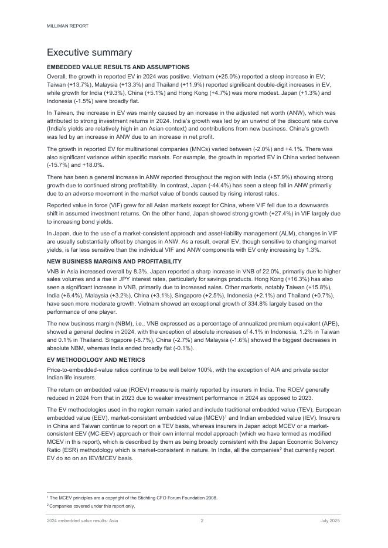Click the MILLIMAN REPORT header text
pos(67,26)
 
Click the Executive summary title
pos(89,53)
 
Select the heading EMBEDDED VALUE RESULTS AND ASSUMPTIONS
pos(118,67)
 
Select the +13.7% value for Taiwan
pos(77,85)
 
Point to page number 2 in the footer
pos(202,520)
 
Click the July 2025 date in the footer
pos(330,520)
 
